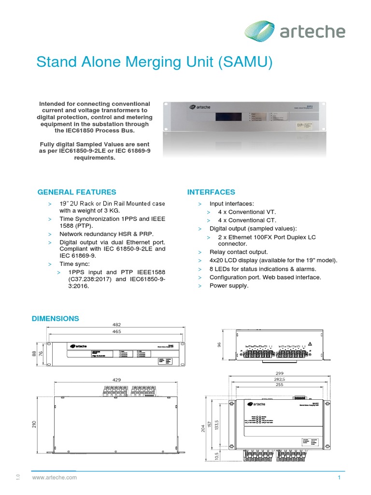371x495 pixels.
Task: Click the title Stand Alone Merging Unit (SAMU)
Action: click(155, 62)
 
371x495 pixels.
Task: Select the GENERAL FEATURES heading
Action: click(77, 192)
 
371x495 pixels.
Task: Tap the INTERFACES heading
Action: click(211, 192)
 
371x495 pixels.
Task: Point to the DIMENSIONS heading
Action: click(55, 319)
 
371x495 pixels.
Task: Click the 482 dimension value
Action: click(116, 325)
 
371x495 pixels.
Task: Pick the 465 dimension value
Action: click(116, 332)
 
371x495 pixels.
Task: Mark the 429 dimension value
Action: click(116, 380)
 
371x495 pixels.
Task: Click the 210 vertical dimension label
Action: click(34, 423)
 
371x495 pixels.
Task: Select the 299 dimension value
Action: click(280, 374)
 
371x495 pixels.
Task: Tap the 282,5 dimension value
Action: click(280, 380)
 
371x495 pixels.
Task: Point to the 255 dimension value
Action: click(280, 386)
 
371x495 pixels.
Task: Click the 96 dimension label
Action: click(218, 344)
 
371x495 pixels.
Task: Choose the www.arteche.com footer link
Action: click(55, 478)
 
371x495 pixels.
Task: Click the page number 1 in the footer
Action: click(340, 478)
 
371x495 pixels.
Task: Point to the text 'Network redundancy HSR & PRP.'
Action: click(106, 233)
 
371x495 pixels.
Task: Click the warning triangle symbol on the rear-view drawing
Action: click(311, 344)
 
